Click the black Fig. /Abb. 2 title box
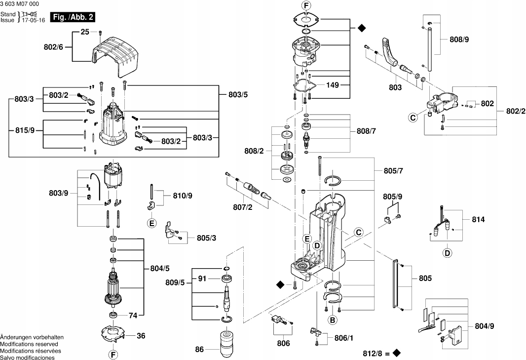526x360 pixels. pyautogui.click(x=73, y=17)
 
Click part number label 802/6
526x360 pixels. pyautogui.click(x=53, y=47)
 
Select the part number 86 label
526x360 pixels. pyautogui.click(x=199, y=349)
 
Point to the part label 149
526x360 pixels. pyautogui.click(x=333, y=85)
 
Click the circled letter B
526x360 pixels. pyautogui.click(x=332, y=320)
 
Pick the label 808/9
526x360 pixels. pyautogui.click(x=459, y=40)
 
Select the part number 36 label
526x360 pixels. pyautogui.click(x=141, y=336)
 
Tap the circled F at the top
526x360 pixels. pyautogui.click(x=306, y=5)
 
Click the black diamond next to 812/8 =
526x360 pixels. pyautogui.click(x=396, y=353)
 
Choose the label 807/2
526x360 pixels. pyautogui.click(x=243, y=207)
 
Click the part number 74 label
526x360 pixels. pyautogui.click(x=133, y=316)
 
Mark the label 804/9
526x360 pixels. pyautogui.click(x=485, y=326)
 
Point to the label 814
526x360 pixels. pyautogui.click(x=478, y=219)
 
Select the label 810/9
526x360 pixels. pyautogui.click(x=183, y=196)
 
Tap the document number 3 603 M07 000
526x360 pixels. pyautogui.click(x=19, y=4)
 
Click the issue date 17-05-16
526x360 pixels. pyautogui.click(x=33, y=20)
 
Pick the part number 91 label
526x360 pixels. pyautogui.click(x=202, y=279)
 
